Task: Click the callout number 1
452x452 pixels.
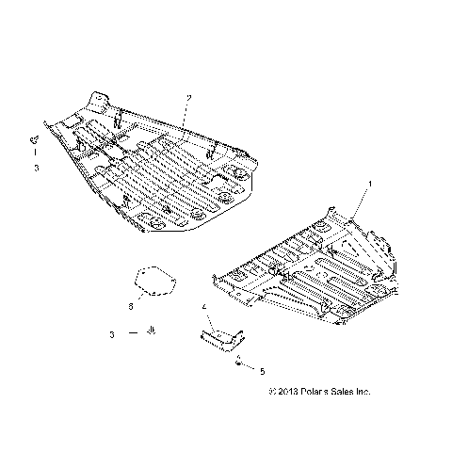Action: pyautogui.click(x=370, y=183)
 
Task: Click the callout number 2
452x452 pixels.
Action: pyautogui.click(x=188, y=98)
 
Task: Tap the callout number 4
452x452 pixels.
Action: pyautogui.click(x=204, y=307)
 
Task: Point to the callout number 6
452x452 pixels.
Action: pyautogui.click(x=132, y=305)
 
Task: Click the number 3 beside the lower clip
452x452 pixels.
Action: pyautogui.click(x=111, y=333)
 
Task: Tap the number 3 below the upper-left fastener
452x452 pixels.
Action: pyautogui.click(x=36, y=168)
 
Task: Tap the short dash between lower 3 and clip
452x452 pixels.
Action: pyautogui.click(x=133, y=333)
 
